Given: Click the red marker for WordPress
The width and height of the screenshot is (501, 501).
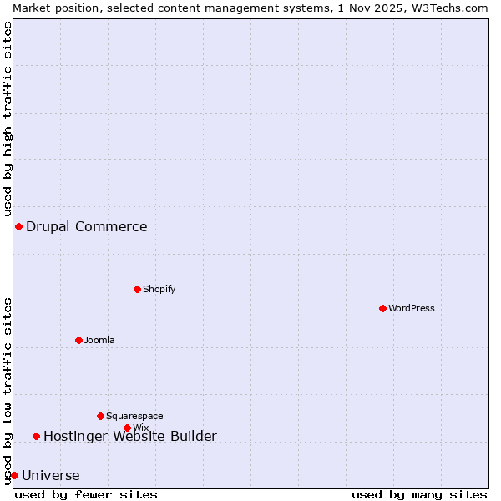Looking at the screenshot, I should click(382, 308).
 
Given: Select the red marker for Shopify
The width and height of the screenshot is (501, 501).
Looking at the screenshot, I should click(137, 289).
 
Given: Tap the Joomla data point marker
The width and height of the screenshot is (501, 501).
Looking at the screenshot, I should click(78, 340).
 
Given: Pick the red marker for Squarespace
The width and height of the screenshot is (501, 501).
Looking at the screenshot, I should click(100, 416).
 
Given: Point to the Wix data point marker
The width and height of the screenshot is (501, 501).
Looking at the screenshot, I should click(127, 428).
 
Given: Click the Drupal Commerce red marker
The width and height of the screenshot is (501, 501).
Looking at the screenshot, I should click(18, 226).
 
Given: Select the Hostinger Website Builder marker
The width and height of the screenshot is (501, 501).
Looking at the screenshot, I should click(36, 436).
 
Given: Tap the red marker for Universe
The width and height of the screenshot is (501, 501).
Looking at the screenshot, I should click(14, 475).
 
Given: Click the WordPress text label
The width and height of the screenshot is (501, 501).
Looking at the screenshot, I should click(412, 308).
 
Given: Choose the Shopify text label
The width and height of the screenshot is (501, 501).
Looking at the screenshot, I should click(159, 289).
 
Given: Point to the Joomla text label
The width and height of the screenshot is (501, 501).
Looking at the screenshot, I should click(99, 340).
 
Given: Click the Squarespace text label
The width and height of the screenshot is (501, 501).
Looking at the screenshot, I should click(134, 416).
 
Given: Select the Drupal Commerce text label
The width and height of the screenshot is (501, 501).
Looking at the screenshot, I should click(87, 226).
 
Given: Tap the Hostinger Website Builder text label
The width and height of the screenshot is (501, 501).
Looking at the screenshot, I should click(130, 436).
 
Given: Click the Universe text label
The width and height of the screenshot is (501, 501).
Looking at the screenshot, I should click(51, 476).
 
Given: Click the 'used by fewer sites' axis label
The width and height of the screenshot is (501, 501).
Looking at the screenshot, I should click(86, 494).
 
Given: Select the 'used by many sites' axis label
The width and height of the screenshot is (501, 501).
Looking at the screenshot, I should click(419, 494).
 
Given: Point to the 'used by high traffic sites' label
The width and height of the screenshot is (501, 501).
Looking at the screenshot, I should click(8, 119).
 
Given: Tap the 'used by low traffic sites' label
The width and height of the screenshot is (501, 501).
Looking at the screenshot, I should click(8, 391).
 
